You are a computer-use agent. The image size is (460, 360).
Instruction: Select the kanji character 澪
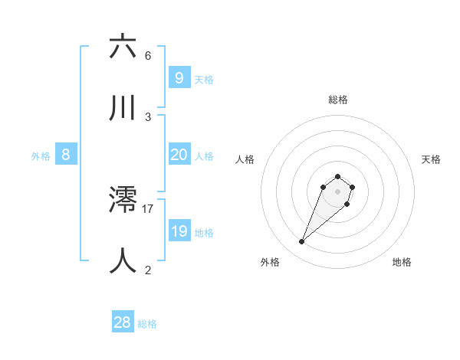pyautogui.click(x=123, y=200)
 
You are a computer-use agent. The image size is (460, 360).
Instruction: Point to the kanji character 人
pyautogui.click(x=123, y=260)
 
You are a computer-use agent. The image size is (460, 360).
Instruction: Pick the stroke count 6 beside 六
pyautogui.click(x=148, y=56)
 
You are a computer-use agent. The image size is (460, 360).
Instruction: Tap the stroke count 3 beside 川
pyautogui.click(x=148, y=117)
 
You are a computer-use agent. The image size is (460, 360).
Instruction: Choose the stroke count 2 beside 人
pyautogui.click(x=148, y=270)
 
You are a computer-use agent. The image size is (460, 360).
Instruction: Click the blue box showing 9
pyautogui.click(x=179, y=78)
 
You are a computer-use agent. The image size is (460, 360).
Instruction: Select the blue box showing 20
pyautogui.click(x=179, y=155)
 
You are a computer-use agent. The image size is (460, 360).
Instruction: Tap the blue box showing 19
pyautogui.click(x=179, y=231)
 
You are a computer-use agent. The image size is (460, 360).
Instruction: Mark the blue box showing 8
pyautogui.click(x=66, y=155)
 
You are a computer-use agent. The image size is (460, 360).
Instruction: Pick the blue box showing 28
pyautogui.click(x=122, y=322)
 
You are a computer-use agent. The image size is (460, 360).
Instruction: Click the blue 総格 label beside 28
pyautogui.click(x=147, y=324)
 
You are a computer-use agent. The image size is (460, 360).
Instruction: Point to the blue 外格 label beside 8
pyautogui.click(x=41, y=156)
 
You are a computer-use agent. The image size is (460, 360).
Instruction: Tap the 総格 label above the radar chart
pyautogui.click(x=338, y=100)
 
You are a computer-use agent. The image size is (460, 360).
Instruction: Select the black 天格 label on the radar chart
pyautogui.click(x=431, y=159)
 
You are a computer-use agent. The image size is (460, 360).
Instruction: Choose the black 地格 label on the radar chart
pyautogui.click(x=402, y=262)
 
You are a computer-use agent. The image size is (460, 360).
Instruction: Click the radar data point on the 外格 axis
pyautogui.click(x=302, y=242)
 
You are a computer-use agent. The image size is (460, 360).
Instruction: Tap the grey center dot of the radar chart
pyautogui.click(x=338, y=191)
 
